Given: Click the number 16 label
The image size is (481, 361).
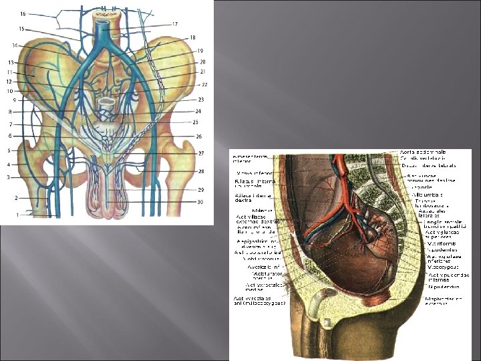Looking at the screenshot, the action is pyautogui.click(x=23, y=13).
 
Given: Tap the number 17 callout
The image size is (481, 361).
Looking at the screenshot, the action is pyautogui.click(x=174, y=24).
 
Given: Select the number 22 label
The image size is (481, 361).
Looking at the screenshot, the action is pyautogui.click(x=204, y=84).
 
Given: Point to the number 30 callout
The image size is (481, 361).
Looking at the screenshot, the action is pyautogui.click(x=200, y=203).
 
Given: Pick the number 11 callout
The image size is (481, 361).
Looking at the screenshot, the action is pyautogui.click(x=10, y=72).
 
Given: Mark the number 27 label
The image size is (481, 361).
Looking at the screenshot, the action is pyautogui.click(x=200, y=153).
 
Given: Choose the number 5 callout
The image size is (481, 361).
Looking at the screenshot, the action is pyautogui.click(x=9, y=150).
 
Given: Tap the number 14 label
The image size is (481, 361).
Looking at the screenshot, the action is pyautogui.click(x=15, y=45).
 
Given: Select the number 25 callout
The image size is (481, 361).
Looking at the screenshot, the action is pyautogui.click(x=195, y=122).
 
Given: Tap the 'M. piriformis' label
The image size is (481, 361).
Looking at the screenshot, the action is pyautogui.click(x=441, y=243).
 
